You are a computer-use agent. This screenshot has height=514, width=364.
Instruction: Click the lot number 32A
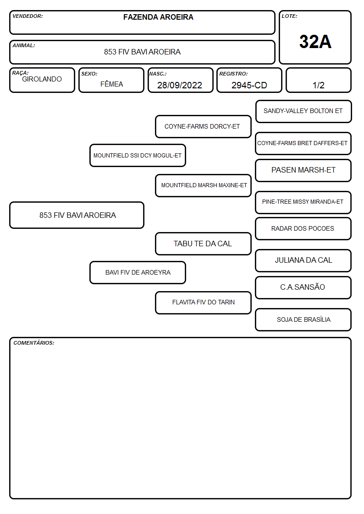coord(315,42)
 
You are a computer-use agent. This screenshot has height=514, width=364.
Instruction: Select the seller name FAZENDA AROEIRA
coord(158,17)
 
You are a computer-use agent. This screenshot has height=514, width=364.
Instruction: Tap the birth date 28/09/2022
coord(180,85)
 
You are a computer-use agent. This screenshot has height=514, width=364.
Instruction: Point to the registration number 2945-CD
coord(249,85)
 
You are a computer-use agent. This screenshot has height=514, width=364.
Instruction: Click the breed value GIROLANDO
coord(42,79)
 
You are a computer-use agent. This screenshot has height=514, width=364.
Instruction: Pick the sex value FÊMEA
coord(111,84)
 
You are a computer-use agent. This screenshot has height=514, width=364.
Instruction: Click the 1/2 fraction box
coord(318,80)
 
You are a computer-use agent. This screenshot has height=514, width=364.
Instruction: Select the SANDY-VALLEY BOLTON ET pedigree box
coord(303,112)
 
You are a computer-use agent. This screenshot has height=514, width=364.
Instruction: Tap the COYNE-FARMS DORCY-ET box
coord(203,126)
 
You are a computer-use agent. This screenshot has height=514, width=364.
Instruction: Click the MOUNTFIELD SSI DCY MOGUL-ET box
coord(138,155)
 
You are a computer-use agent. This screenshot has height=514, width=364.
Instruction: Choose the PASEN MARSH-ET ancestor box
coord(303,170)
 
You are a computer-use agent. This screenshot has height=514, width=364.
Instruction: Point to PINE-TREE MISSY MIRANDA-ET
coord(303,201)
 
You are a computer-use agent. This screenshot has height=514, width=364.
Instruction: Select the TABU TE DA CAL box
coord(203,243)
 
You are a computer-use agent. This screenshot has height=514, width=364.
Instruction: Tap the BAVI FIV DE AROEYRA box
coord(138,272)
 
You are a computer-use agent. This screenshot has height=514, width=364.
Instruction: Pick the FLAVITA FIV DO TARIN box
coord(203,303)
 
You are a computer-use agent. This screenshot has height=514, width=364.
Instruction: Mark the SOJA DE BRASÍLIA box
coord(303,319)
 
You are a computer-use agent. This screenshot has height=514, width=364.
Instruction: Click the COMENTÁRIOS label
coord(34,343)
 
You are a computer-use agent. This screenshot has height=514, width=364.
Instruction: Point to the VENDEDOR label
coord(28,16)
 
